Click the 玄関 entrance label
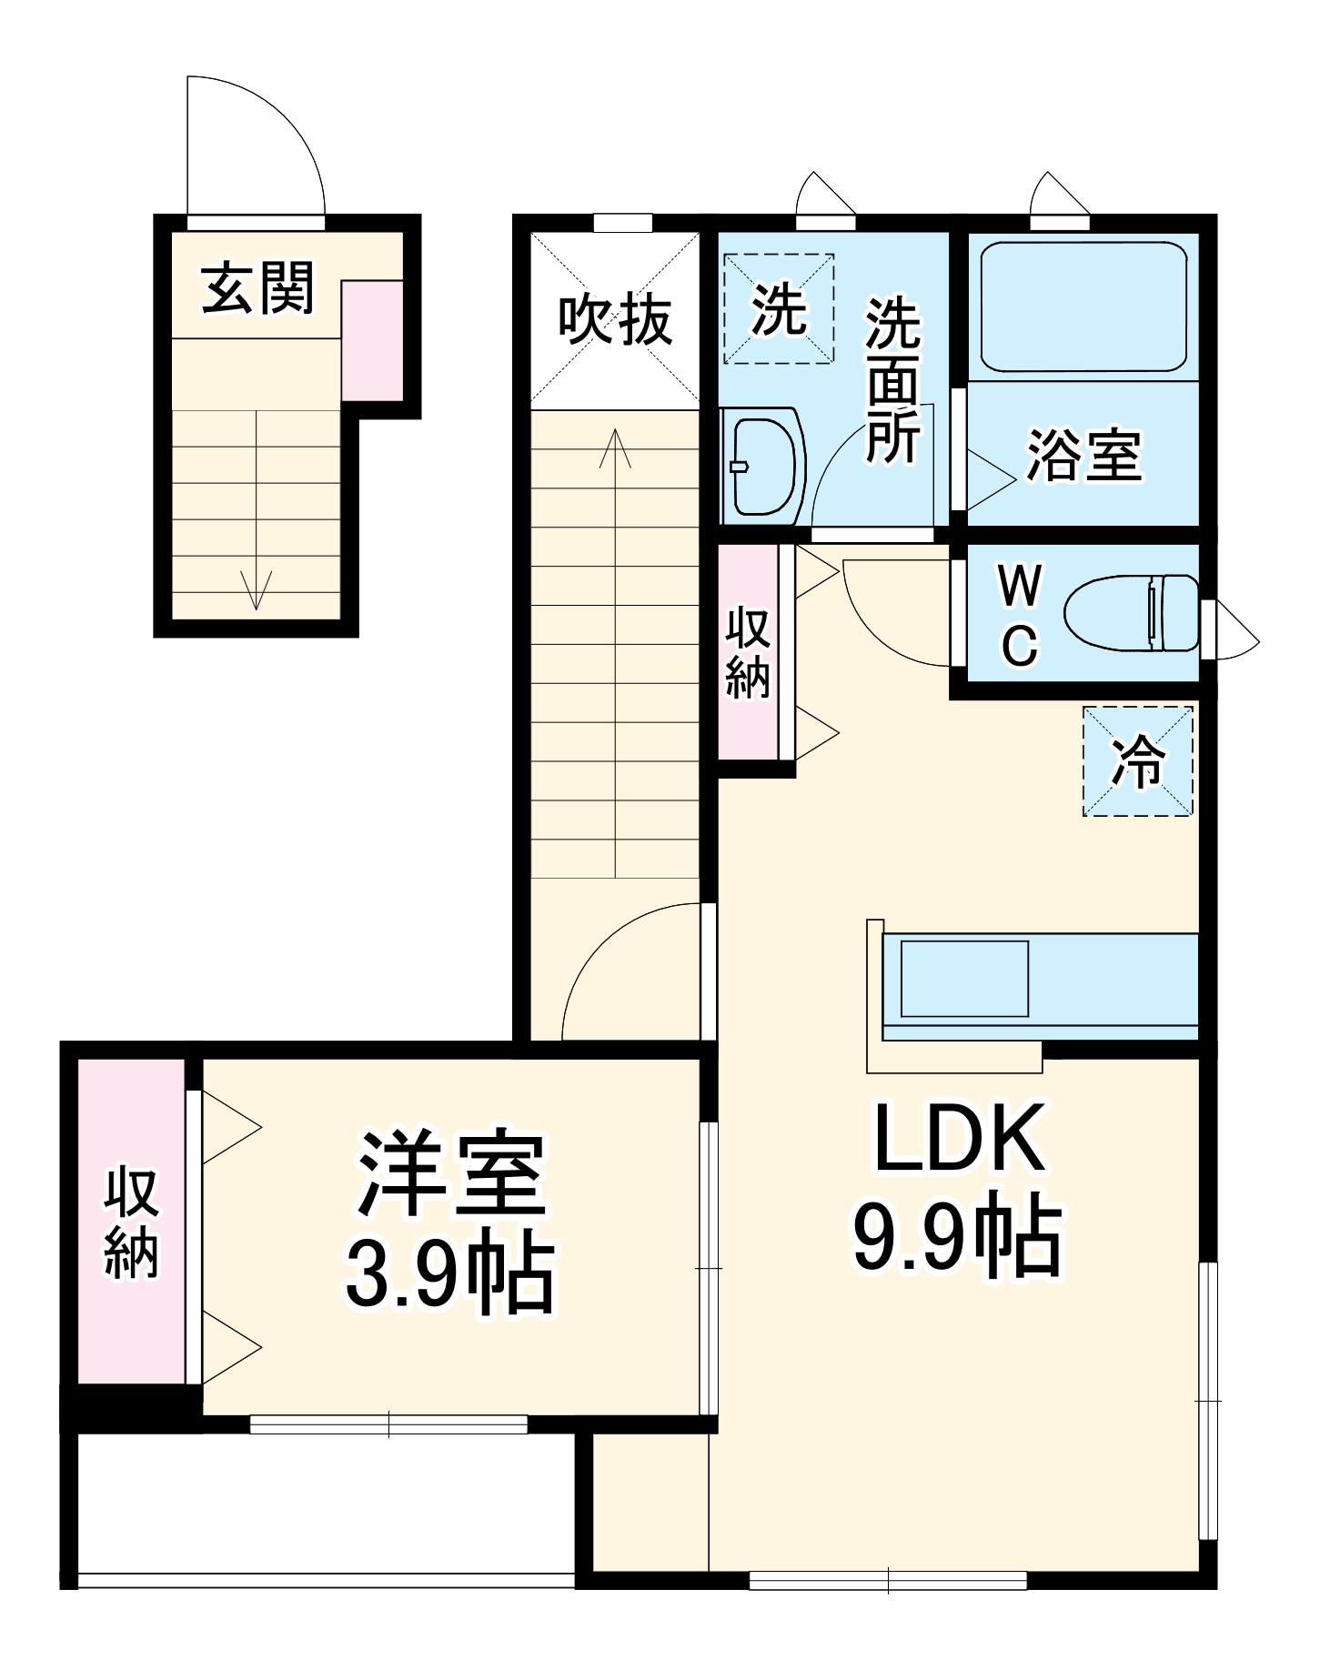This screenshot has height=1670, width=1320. pos(257,288)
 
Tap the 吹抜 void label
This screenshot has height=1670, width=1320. pos(615,320)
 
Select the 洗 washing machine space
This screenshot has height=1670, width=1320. pos(779,309)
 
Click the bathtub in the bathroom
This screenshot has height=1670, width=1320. pos(1083,306)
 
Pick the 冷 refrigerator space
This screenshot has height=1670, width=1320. pos(1137,761)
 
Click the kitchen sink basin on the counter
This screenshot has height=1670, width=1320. pos(964,979)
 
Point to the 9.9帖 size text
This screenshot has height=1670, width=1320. pos(957,1238)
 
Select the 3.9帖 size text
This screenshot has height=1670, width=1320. pos(449,1271)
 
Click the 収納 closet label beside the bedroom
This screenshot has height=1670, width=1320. pos(131,1223)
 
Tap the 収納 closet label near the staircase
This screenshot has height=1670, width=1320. pos(748,653)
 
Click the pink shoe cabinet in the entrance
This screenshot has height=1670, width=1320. pos(372,340)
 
